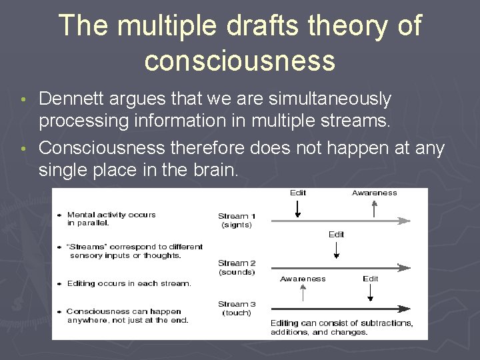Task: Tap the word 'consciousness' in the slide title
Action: tap(239, 60)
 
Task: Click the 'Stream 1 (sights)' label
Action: tap(236, 220)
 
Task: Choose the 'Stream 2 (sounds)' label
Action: tap(236, 267)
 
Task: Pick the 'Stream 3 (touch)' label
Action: tap(236, 308)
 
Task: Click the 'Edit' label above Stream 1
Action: tap(298, 193)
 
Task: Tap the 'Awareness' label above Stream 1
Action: tap(374, 193)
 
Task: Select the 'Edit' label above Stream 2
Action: tap(337, 235)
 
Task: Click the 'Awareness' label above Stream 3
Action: tap(303, 279)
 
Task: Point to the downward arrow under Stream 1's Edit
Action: tap(298, 207)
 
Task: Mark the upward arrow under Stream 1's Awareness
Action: tap(375, 207)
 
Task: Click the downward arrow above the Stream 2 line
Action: tap(337, 250)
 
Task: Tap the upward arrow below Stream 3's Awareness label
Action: tap(303, 293)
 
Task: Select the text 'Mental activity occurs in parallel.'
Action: tap(111, 219)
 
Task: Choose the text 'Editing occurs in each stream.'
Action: tap(128, 283)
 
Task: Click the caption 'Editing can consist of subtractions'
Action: tap(341, 323)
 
